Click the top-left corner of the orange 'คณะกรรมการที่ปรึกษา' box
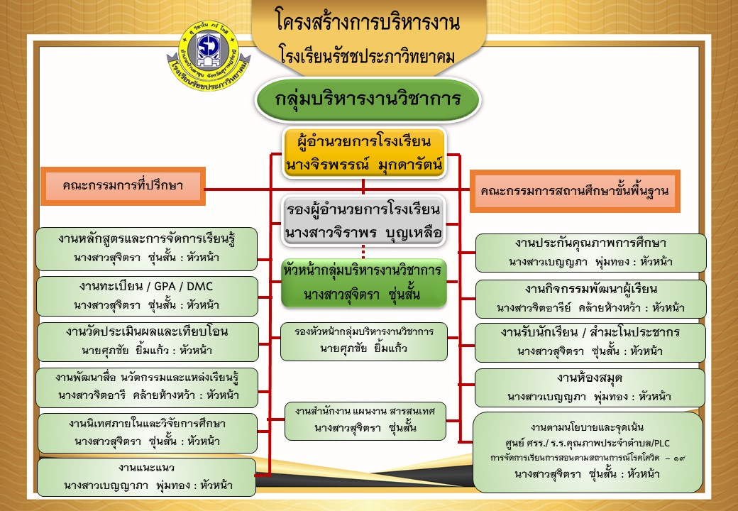pos(41,167)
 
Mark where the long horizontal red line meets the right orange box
pos(470,190)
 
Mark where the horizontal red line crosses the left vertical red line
pos(270,190)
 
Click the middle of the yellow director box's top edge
pos(364,128)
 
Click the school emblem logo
pos(209,55)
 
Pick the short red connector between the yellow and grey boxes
pos(363,187)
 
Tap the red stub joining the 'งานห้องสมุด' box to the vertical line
pos(467,385)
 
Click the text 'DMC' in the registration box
pos(199,287)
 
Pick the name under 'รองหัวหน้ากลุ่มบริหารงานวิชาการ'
pos(363,348)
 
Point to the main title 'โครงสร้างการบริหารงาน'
pos(368,21)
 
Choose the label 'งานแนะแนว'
pos(146,468)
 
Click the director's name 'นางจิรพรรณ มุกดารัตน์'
pos(364,165)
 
